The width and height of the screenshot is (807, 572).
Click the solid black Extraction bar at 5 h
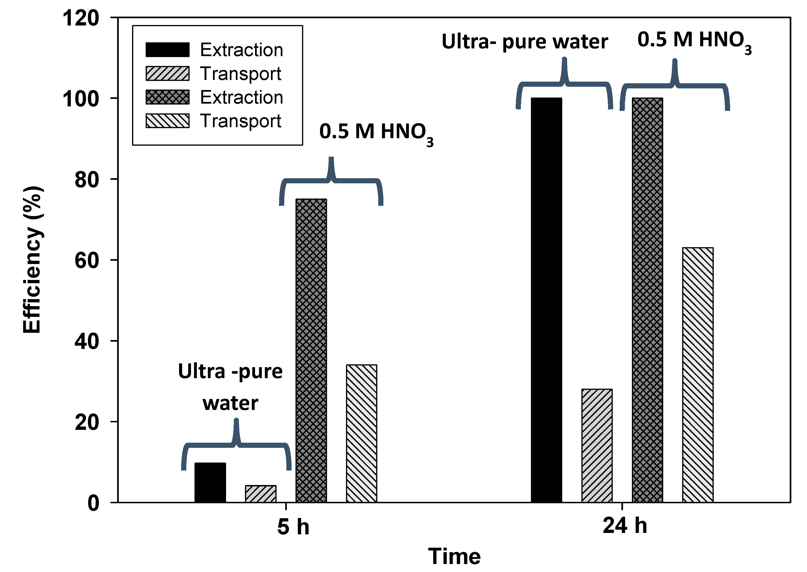tap(210, 482)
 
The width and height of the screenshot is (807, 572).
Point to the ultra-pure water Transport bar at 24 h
tap(597, 445)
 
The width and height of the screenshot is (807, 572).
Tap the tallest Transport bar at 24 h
tap(698, 375)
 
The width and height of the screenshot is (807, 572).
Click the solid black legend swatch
tap(168, 50)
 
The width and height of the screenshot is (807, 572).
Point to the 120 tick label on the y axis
tap(81, 18)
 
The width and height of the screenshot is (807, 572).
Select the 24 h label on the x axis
tap(625, 526)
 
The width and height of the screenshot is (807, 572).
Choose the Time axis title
tap(454, 557)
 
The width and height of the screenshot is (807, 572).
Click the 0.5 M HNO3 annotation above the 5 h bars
tap(376, 133)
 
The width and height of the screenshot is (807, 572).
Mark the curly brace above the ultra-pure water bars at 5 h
tap(236, 445)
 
